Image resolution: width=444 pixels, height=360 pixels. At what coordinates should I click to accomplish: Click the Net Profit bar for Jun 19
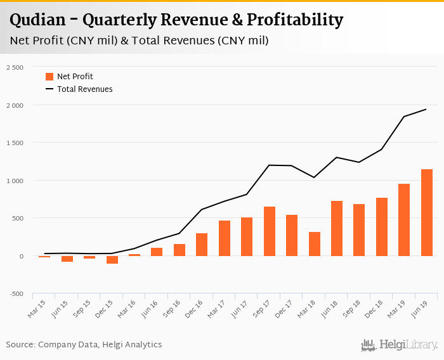coord(427,213)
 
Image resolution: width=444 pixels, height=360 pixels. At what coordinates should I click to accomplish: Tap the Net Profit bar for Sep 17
coord(270,231)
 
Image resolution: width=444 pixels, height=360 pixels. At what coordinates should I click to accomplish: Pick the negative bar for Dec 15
coord(112,260)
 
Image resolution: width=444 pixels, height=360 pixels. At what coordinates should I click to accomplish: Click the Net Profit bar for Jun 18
coord(337,229)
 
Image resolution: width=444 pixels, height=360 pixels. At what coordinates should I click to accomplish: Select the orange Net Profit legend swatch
coord(49,77)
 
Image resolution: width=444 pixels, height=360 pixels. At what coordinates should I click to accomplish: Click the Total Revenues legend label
coord(84,89)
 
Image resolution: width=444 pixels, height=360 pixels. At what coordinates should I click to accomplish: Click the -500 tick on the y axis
coord(15,294)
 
